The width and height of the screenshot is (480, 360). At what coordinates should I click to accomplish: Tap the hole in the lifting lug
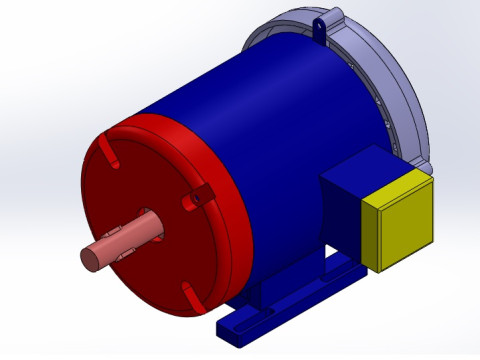(320, 22)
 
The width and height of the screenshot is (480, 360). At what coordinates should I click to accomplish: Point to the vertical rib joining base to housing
(262, 295)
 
